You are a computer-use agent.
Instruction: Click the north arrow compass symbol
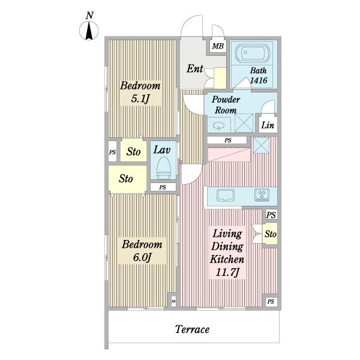[x=89, y=31]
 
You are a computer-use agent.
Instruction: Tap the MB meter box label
[x=218, y=46]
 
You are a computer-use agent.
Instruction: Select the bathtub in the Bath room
[x=253, y=53]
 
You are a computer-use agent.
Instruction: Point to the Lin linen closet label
[x=268, y=125]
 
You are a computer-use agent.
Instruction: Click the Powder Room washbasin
[x=218, y=125]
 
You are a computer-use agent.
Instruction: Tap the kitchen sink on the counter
[x=226, y=196]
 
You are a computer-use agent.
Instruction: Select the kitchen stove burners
[x=262, y=195]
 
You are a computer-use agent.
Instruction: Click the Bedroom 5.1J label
[x=140, y=92]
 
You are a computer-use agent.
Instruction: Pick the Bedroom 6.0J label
[x=142, y=251]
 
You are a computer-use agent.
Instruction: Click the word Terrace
[x=192, y=329]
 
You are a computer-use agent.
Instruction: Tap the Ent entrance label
[x=195, y=68]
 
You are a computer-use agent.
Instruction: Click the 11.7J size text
[x=227, y=272]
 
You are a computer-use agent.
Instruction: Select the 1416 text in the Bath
[x=259, y=80]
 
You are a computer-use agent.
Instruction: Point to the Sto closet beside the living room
[x=270, y=234]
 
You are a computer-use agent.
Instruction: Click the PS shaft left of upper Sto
[x=112, y=152]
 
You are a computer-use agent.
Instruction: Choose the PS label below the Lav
[x=163, y=187]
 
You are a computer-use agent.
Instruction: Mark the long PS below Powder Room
[x=227, y=140]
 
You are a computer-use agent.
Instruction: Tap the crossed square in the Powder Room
[x=244, y=122]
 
